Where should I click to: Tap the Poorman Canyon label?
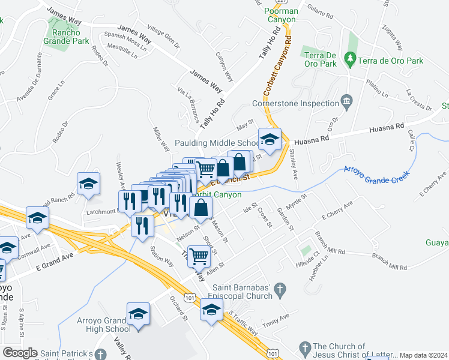[x=280, y=16]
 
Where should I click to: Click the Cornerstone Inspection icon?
[x=347, y=104]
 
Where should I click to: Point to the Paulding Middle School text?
[x=216, y=143]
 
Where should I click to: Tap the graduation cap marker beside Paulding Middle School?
[x=270, y=140]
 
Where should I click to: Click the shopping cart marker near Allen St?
[x=199, y=256]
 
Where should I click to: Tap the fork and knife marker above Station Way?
[x=142, y=226]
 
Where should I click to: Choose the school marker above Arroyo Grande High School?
[x=138, y=314]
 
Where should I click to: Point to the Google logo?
[x=20, y=353]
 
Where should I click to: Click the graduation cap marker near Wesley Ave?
[x=88, y=184]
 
